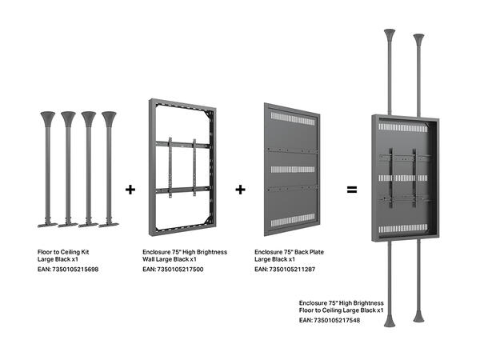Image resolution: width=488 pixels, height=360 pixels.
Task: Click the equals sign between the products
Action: click(x=350, y=190)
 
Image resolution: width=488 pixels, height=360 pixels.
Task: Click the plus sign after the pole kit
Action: click(x=130, y=190)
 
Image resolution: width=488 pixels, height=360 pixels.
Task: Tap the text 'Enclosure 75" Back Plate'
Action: click(x=289, y=251)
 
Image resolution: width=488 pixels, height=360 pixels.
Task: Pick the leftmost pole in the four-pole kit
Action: click(x=47, y=168)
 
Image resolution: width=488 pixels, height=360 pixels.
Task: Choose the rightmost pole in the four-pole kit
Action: click(x=109, y=168)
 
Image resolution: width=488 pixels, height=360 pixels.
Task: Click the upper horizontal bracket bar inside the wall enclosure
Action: click(x=182, y=144)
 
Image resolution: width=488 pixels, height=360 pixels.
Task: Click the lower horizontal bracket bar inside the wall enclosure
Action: click(x=182, y=190)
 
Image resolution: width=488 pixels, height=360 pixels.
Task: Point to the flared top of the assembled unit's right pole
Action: click(x=418, y=38)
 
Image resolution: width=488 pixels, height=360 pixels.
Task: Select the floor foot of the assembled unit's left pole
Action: click(x=390, y=322)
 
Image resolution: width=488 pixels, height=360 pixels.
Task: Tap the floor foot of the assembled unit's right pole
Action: click(x=418, y=318)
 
